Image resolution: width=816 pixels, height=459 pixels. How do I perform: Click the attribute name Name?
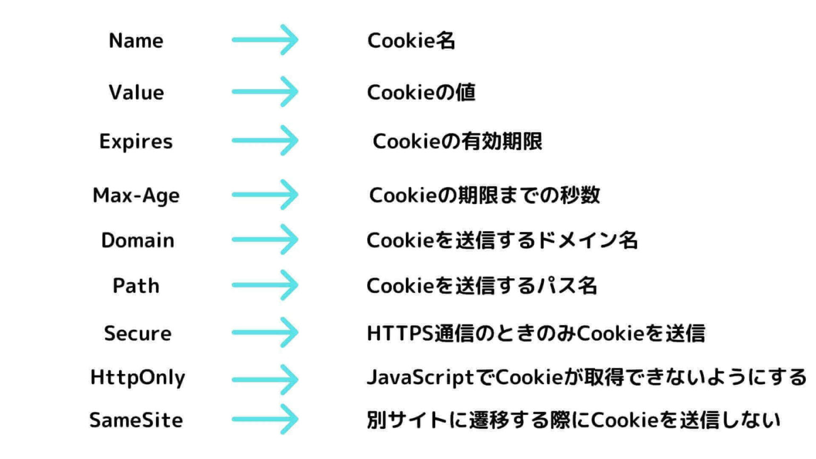pos(136,41)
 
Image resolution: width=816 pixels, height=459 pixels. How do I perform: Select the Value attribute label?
pos(137,92)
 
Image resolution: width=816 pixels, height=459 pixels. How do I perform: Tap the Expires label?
pos(136,142)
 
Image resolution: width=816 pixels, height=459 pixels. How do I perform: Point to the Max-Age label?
pos(136,195)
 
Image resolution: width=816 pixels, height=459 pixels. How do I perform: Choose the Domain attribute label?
pos(138,241)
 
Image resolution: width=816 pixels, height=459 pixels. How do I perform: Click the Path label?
pos(136,286)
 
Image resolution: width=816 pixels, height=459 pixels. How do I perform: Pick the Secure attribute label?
pos(138,334)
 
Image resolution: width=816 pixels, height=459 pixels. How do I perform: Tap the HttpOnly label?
pos(138,377)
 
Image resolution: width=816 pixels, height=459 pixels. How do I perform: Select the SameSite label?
pos(136,420)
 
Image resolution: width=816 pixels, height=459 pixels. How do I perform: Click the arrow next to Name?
pos(265,40)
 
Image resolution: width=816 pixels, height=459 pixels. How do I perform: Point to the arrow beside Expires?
pos(265,141)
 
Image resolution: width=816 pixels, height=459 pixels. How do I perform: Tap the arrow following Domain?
pos(265,240)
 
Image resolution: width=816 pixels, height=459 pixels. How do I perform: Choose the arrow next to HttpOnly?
pos(265,379)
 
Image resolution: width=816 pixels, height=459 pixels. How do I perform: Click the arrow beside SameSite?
pos(265,420)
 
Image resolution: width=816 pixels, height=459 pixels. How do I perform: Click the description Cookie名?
pos(411,41)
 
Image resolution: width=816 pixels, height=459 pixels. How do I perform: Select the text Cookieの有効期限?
pos(457,142)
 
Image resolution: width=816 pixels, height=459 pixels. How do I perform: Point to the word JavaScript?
pos(420,378)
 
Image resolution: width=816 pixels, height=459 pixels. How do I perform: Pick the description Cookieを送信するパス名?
pos(482,286)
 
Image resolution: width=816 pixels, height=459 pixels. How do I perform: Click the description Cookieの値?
pos(421,92)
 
